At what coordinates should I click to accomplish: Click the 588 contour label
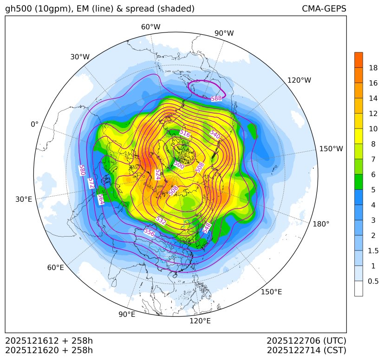point(216,98)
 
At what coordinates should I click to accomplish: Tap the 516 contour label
point(185,134)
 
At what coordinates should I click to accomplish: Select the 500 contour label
point(179,164)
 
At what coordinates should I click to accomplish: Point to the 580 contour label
point(82,170)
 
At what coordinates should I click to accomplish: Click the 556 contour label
point(149,232)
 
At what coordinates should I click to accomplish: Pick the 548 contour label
point(207,228)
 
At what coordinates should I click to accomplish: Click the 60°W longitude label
point(150,27)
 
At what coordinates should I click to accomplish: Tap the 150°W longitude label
point(331,149)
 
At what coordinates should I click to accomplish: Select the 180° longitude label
point(321,224)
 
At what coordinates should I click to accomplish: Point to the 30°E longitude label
point(24,199)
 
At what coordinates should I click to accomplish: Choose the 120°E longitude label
point(200,321)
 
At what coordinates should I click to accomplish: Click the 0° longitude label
point(34,124)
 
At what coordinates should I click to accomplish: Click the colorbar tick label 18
point(373,68)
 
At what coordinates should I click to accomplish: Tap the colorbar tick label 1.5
point(373,251)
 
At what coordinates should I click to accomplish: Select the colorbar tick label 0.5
point(373,281)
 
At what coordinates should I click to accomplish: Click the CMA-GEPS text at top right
point(324,9)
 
